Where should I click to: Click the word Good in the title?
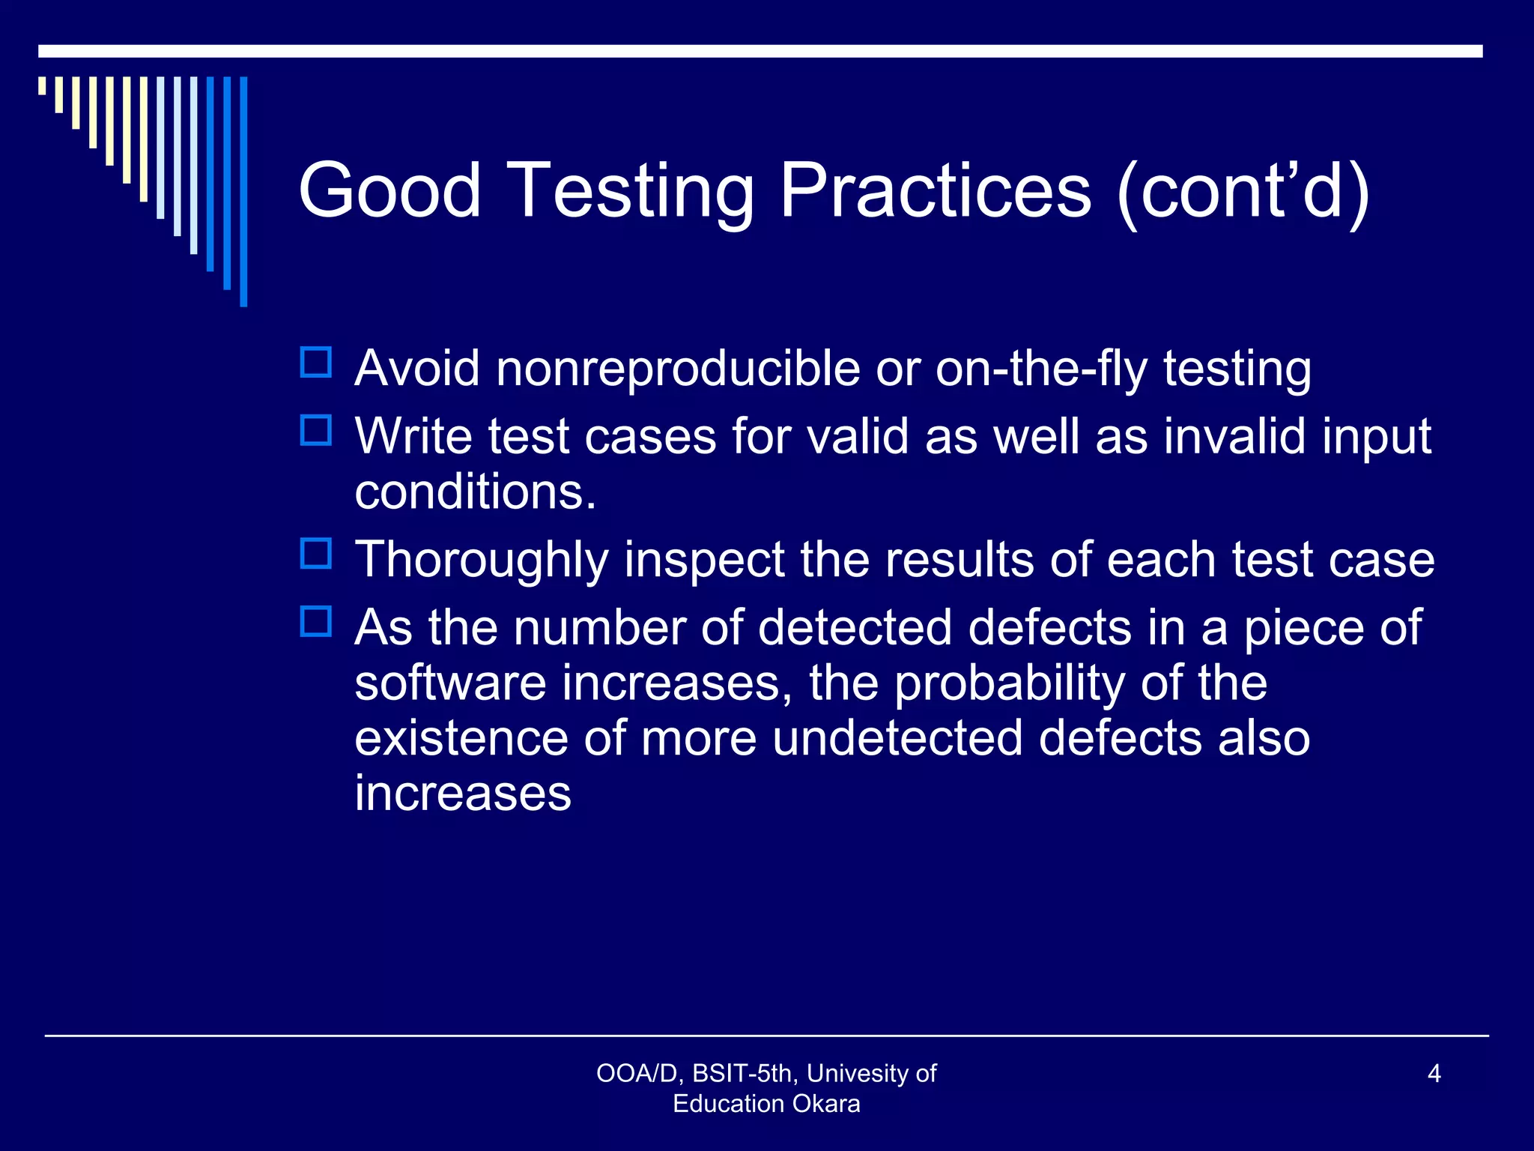tap(389, 191)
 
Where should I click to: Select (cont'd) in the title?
tap(1243, 191)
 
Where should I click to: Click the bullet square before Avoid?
tap(316, 363)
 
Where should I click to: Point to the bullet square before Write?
tap(316, 431)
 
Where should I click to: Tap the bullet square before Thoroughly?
tap(316, 554)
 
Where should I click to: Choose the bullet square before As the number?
tap(316, 622)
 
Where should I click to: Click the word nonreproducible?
tap(678, 369)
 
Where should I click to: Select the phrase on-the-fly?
tap(1041, 369)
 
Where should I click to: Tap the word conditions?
tap(475, 492)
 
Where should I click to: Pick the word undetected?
tap(897, 738)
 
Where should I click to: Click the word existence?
tap(461, 738)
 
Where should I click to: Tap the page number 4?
tap(1434, 1074)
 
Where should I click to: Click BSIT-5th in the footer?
tap(742, 1074)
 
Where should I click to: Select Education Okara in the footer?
tap(766, 1104)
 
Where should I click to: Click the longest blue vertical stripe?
tap(243, 191)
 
